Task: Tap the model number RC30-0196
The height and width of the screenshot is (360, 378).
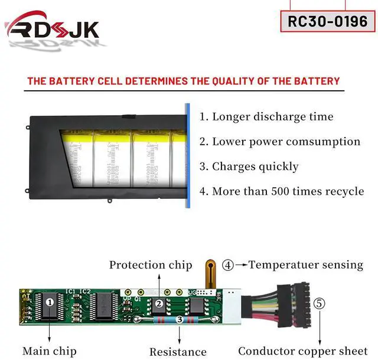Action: point(327,21)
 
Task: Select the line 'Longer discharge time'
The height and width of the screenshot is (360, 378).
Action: point(266,117)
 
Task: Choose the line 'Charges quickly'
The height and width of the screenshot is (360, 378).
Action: point(249,166)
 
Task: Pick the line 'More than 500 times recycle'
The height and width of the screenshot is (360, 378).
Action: point(281,191)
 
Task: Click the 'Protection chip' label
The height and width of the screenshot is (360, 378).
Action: point(151,265)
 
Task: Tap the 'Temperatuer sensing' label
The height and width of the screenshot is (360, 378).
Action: point(305,264)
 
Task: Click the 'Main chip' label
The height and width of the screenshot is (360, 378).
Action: point(49,351)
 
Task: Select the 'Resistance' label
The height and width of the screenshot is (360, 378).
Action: point(178,352)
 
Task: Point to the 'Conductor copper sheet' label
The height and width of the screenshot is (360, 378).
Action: point(302,351)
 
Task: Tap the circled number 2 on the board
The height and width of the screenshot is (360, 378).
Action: point(159,304)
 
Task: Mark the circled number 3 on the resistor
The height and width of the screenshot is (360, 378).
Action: point(179,319)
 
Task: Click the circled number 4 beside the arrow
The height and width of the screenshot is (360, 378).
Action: point(228,265)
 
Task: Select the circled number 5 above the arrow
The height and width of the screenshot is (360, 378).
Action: point(319,304)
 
